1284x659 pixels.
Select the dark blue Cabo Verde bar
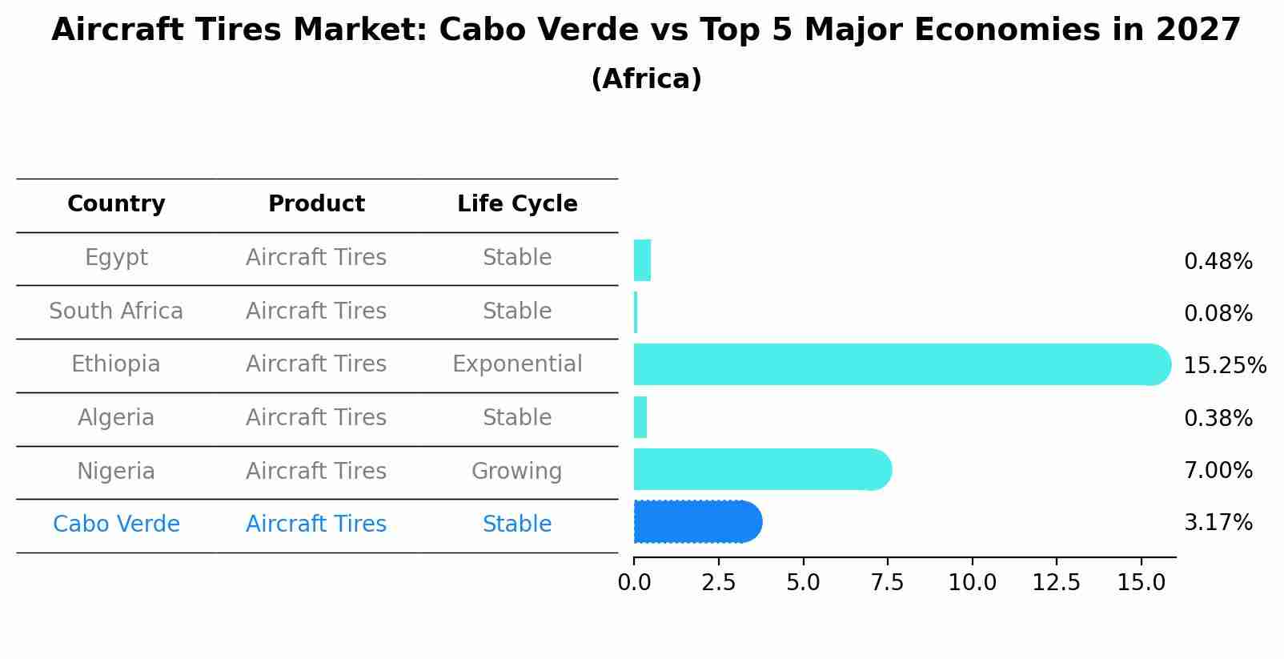(696, 522)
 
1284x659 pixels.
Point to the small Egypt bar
(642, 260)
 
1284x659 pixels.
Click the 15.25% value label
(1224, 366)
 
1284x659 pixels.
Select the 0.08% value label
(1218, 314)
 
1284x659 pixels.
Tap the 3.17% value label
(1218, 523)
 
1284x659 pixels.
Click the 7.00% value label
(1218, 471)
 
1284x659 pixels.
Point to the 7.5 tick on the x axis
(887, 583)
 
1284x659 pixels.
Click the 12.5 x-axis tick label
(1056, 583)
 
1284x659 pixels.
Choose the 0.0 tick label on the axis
(634, 583)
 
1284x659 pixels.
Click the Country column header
(116, 204)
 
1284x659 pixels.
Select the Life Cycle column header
(517, 204)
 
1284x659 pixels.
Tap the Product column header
(316, 204)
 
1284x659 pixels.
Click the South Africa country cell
(116, 311)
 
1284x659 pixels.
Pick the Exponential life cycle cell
(517, 364)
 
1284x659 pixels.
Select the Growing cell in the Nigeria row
(516, 472)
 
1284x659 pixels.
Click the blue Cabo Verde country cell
(116, 524)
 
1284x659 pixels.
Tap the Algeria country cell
(116, 418)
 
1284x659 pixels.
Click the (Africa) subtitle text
(646, 79)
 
